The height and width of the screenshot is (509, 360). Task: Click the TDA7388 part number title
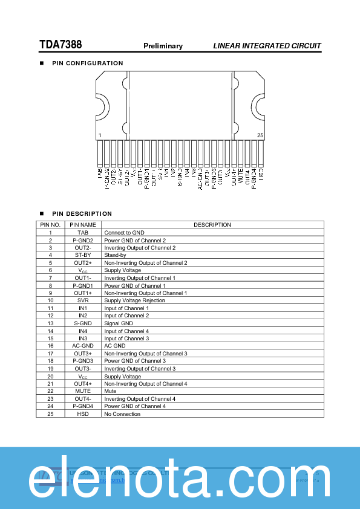(61, 45)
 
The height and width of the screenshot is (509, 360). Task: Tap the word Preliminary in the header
(163, 46)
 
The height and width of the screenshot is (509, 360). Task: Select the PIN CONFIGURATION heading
(87, 63)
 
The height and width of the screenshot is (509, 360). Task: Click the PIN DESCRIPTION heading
(82, 214)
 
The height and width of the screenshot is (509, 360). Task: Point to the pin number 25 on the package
(260, 135)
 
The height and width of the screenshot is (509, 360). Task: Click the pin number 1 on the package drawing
(100, 135)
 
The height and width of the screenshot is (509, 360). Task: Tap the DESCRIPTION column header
(212, 225)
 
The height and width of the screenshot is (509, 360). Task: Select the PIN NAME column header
(83, 225)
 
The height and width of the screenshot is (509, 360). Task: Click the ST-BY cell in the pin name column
(83, 255)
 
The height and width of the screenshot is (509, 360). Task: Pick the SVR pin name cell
(83, 300)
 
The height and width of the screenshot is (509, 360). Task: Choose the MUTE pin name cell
(83, 391)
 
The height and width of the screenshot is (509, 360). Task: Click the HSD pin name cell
(83, 414)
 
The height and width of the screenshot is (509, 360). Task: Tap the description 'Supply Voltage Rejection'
(134, 300)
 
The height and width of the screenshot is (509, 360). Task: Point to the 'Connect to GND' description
(124, 233)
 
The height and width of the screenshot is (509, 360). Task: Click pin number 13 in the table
(51, 323)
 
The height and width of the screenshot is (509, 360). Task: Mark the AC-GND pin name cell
(83, 346)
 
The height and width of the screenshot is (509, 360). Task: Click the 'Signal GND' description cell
(119, 323)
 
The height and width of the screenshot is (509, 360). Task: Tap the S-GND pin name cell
(83, 323)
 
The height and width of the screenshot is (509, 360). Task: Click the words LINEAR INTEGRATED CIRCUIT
(267, 46)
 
